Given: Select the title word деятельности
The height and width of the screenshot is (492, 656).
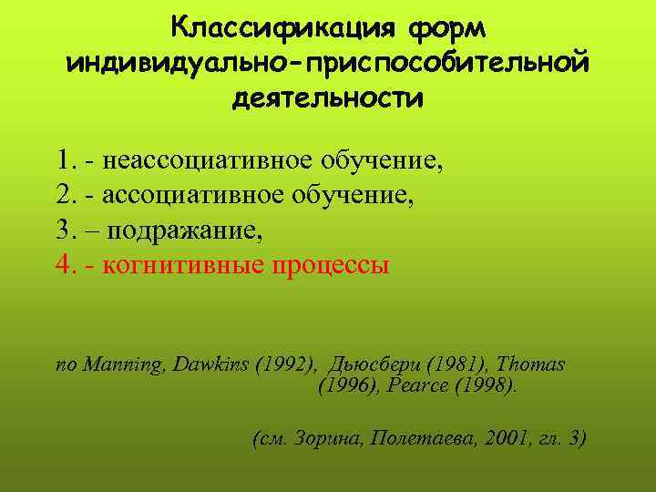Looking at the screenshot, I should pyautogui.click(x=328, y=97).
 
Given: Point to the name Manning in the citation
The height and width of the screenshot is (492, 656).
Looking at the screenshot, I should pyautogui.click(x=117, y=364).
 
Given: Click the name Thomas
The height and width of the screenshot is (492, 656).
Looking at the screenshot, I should pyautogui.click(x=532, y=364).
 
